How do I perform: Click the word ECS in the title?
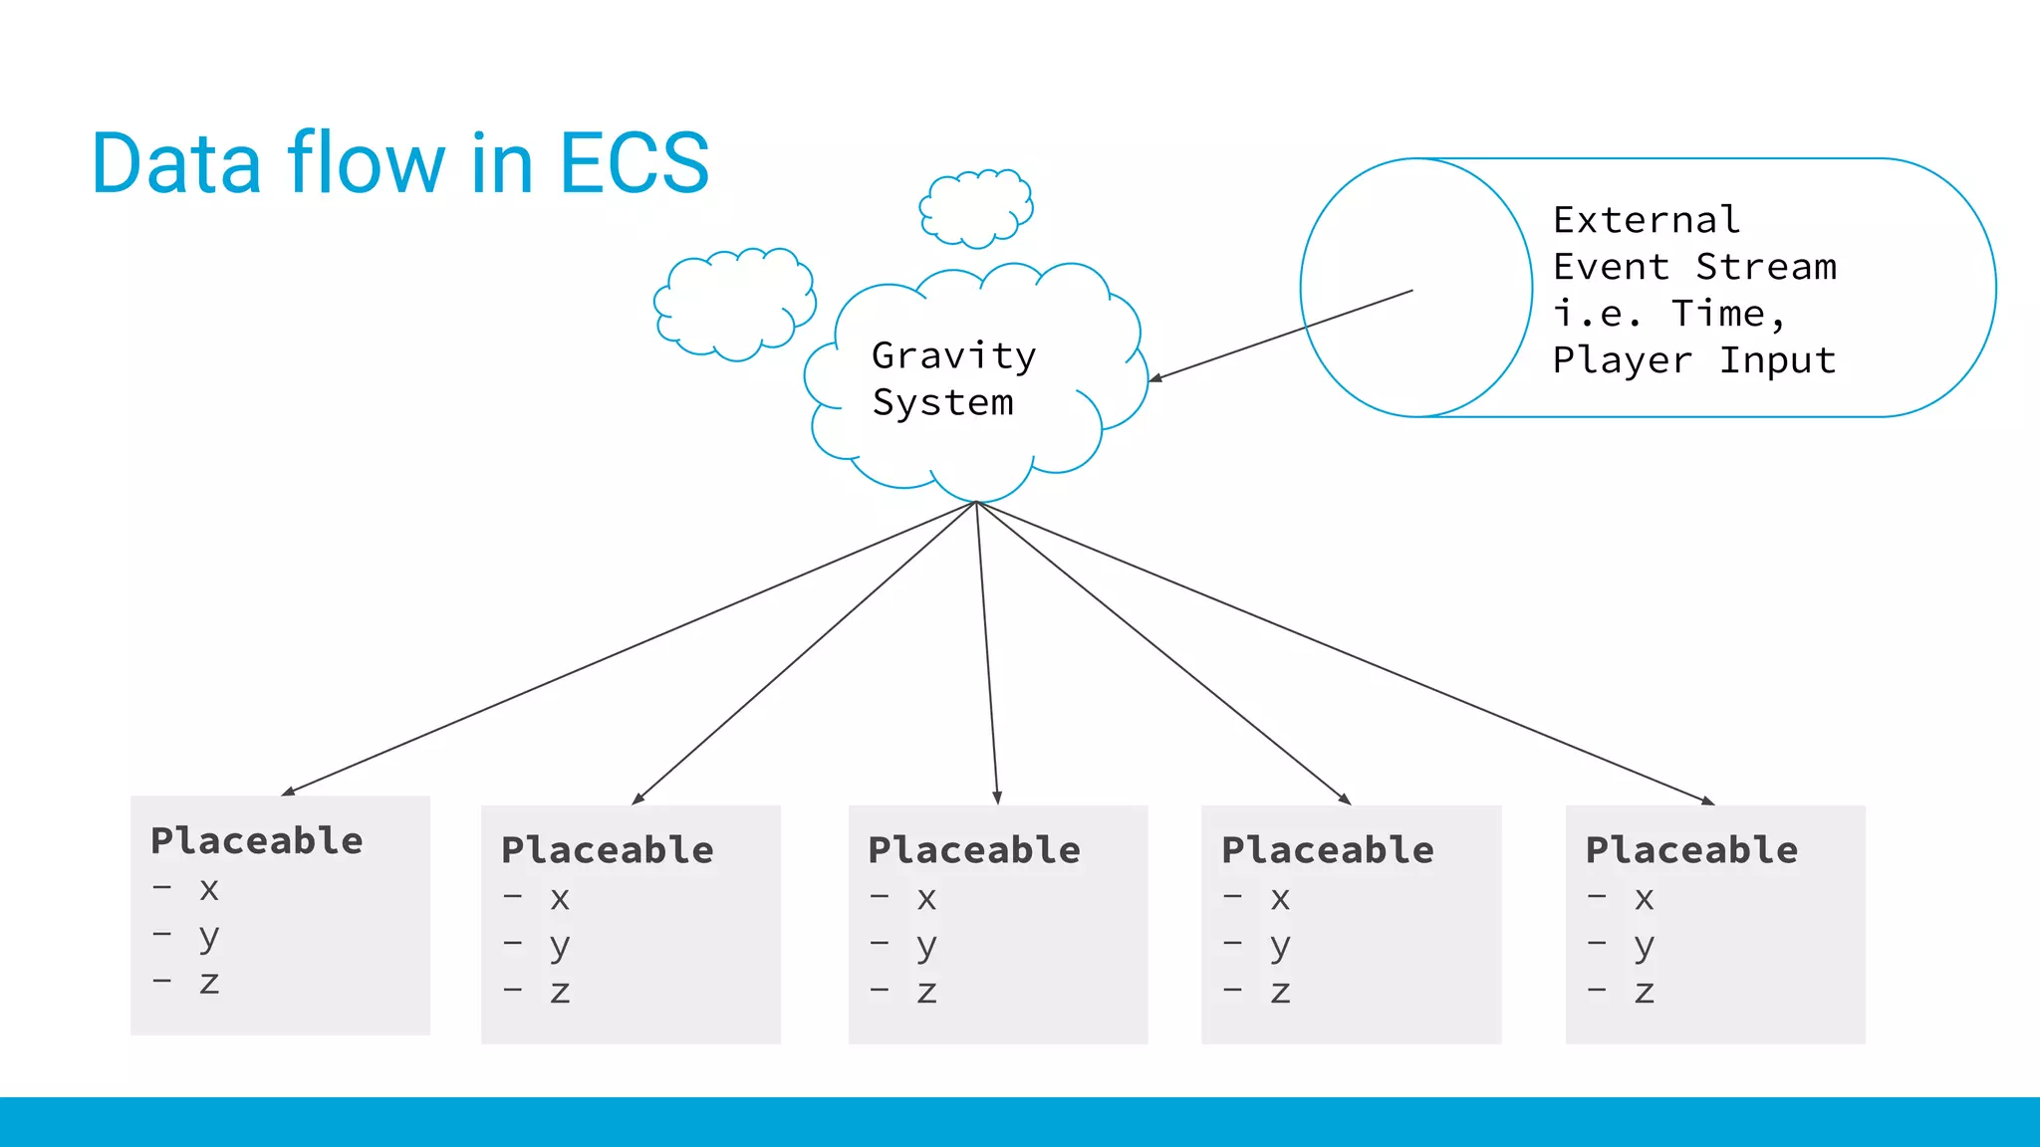coord(635,163)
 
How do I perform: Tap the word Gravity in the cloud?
coord(953,355)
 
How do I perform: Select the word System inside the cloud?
coord(942,402)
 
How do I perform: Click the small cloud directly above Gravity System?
coord(975,208)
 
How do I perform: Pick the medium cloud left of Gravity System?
coord(734,304)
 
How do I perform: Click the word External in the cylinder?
coord(1647,219)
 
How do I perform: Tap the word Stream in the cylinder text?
coord(1765,267)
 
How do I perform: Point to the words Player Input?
coord(1693,360)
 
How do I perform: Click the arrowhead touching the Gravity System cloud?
coord(1155,378)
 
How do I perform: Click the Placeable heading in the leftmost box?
coord(257,841)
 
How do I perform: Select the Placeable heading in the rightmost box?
coord(1691,850)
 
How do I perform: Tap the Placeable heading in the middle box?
coord(974,850)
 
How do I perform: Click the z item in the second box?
coord(560,991)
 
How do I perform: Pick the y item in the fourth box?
coord(1280,944)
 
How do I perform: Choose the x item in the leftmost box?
coord(208,888)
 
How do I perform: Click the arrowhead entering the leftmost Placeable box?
coord(288,792)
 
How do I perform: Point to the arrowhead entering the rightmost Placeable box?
coord(1708,801)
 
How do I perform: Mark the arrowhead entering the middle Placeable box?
coord(997,798)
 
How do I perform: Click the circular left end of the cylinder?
coord(1415,288)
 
